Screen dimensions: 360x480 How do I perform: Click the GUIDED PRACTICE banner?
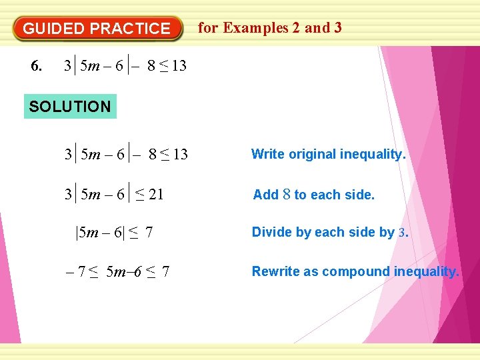click(x=97, y=29)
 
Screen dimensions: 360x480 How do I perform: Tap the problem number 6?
click(x=37, y=66)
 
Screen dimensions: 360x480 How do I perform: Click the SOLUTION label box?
click(x=70, y=106)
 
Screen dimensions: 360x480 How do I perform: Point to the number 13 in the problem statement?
click(x=179, y=66)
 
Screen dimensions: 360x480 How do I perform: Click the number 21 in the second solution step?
click(x=156, y=195)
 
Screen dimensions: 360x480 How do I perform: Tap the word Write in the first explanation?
click(x=267, y=154)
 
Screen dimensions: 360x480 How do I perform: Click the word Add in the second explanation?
click(x=265, y=195)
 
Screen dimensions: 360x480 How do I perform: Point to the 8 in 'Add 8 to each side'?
click(x=286, y=195)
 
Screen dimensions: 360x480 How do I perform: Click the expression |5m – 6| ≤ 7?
click(x=114, y=233)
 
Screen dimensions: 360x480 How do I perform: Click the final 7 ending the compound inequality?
click(x=165, y=272)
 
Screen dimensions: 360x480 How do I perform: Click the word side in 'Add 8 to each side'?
click(x=361, y=195)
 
